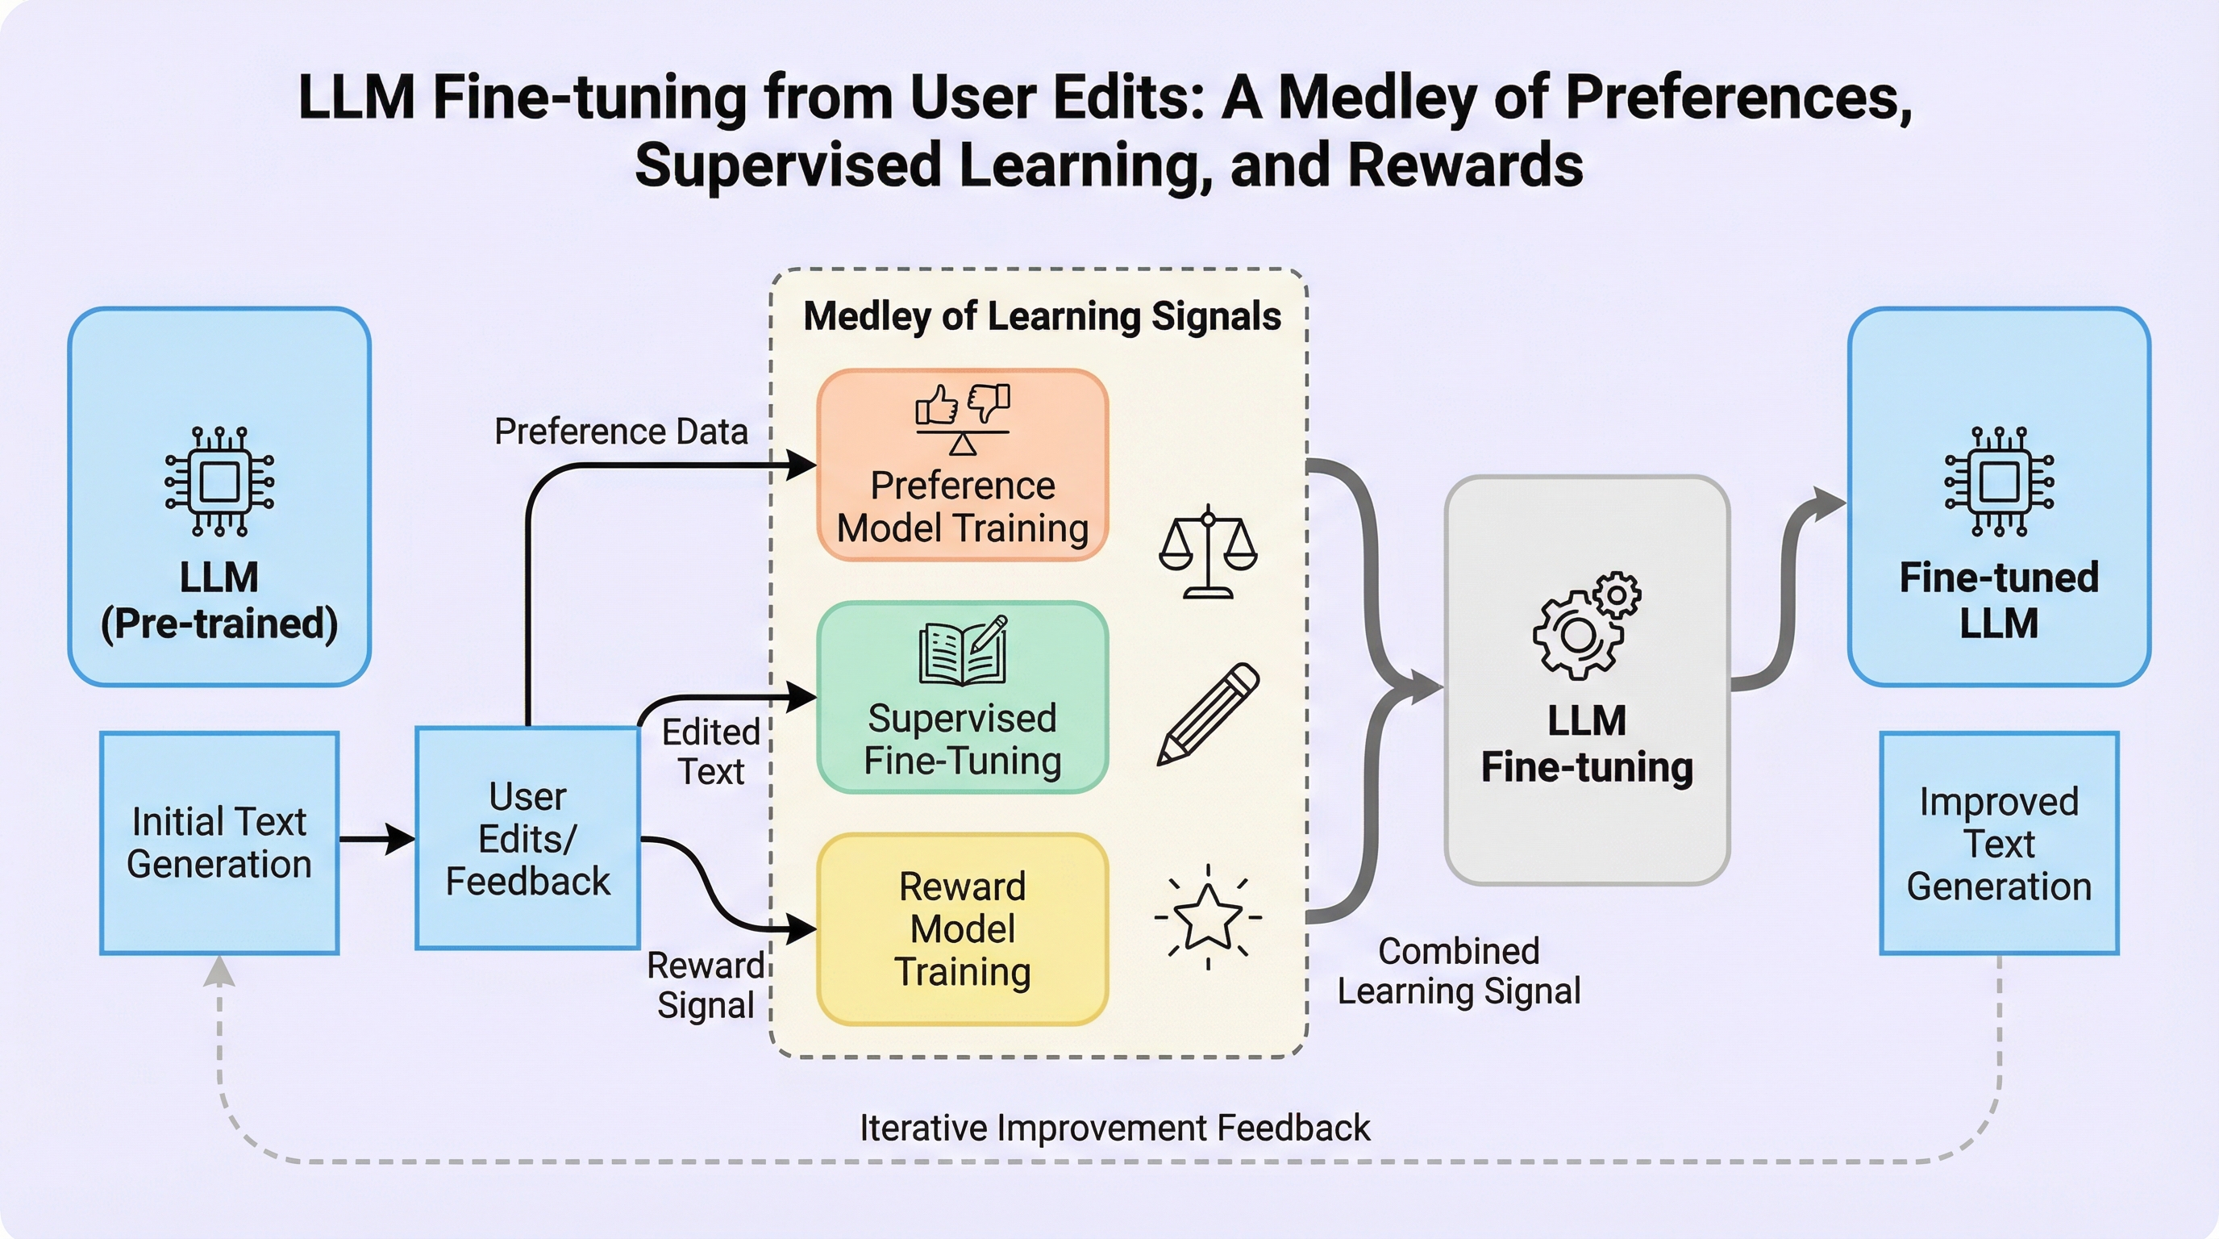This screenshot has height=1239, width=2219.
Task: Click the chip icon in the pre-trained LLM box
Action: pos(219,481)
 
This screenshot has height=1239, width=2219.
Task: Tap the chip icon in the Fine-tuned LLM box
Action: pos(1999,481)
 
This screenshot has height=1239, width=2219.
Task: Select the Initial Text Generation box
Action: pos(219,843)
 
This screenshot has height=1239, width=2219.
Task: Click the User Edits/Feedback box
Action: pos(527,838)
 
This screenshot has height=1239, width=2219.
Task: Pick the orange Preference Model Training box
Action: pos(962,465)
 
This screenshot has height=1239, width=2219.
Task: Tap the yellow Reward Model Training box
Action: pos(962,928)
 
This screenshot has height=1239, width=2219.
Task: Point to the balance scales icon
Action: pos(1208,552)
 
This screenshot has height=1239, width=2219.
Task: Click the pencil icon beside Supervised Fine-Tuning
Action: pos(1208,713)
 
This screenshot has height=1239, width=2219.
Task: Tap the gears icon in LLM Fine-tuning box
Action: pos(1587,624)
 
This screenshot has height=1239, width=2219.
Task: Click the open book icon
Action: pos(962,650)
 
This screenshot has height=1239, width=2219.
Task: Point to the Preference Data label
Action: pos(620,432)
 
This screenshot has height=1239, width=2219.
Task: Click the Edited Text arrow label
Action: pos(710,751)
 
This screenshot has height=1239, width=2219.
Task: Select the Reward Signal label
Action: pos(706,985)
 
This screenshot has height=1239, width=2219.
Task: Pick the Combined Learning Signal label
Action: pos(1459,971)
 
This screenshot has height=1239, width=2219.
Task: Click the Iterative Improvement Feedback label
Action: pos(1114,1128)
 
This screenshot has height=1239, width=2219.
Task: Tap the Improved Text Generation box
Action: pos(1999,843)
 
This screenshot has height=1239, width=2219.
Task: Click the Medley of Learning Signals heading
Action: pos(1042,316)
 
